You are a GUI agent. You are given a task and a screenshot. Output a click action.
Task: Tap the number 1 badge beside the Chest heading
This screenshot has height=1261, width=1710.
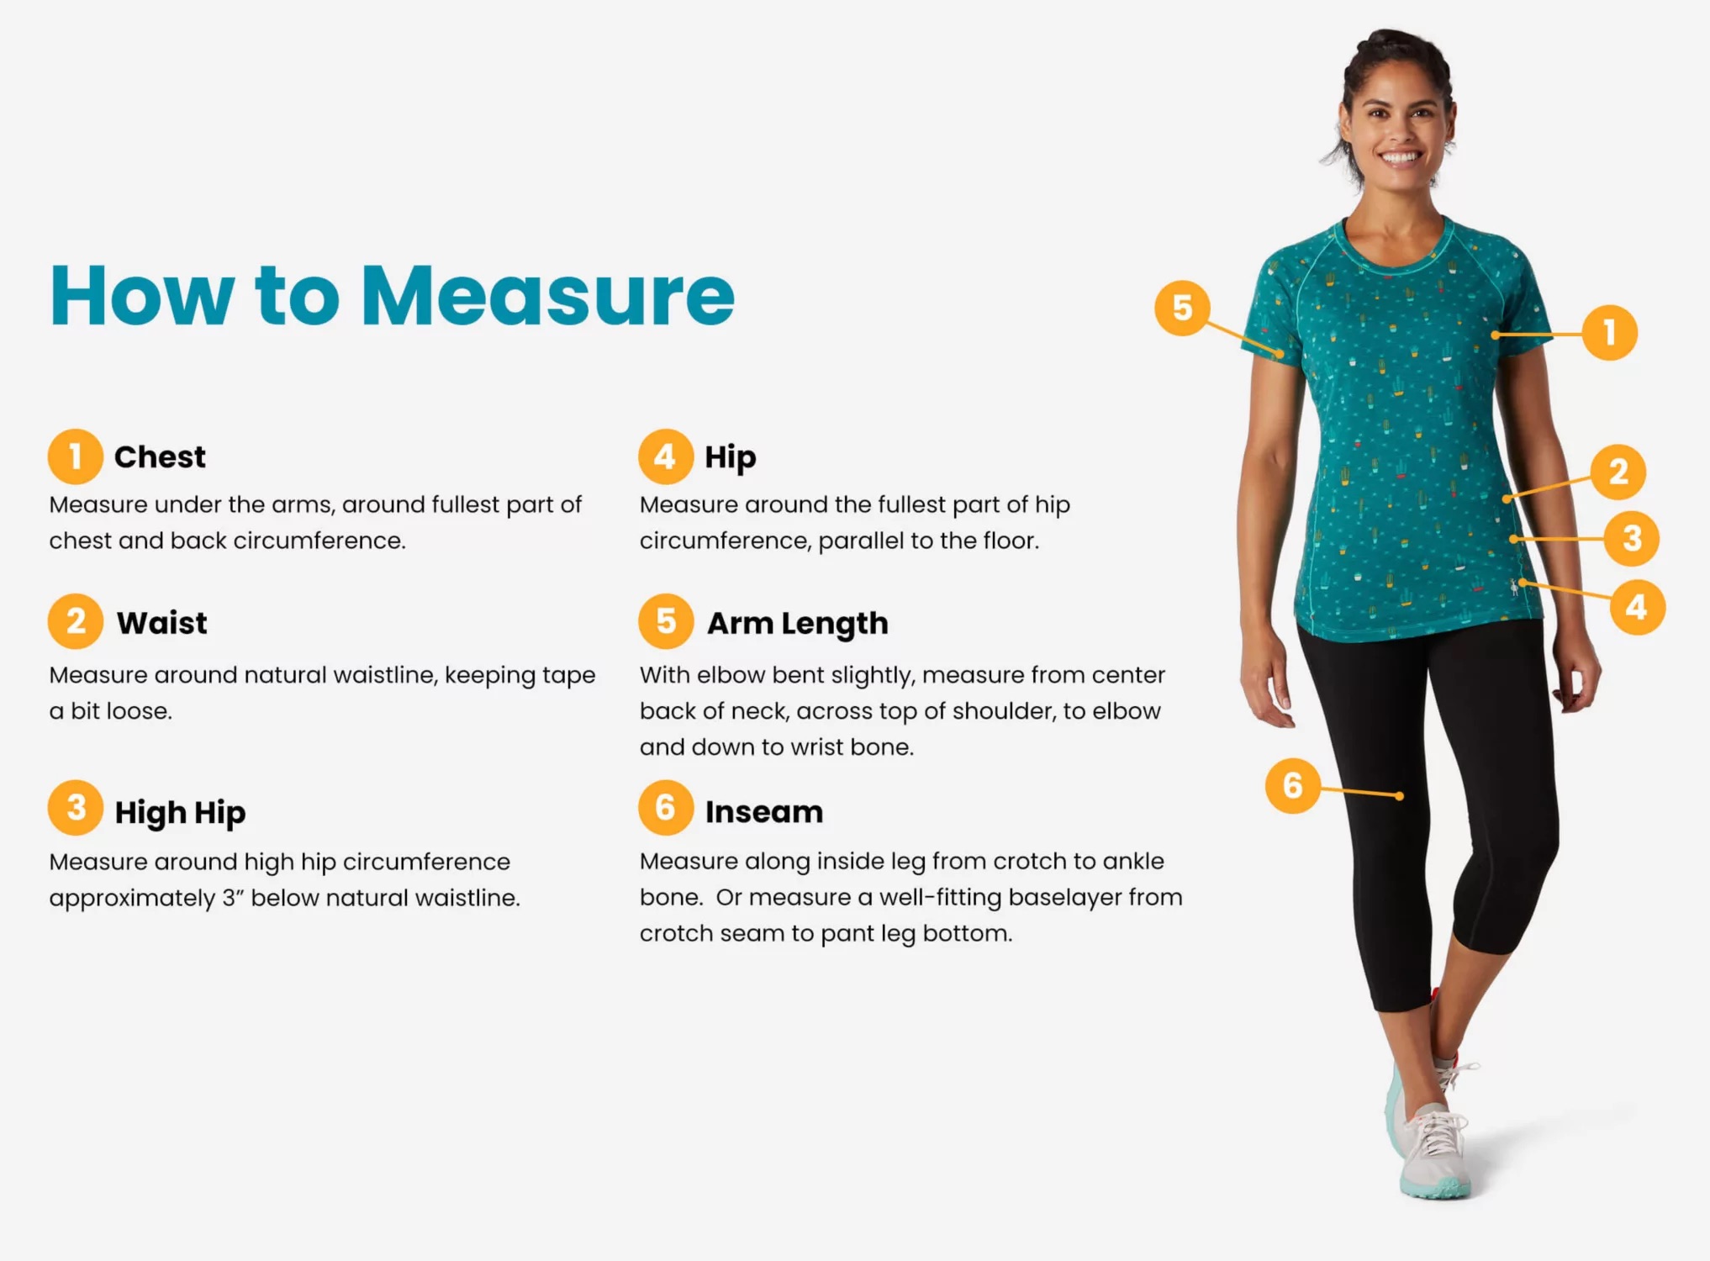pos(76,456)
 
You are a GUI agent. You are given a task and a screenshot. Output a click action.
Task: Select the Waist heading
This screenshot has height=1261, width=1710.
pos(162,623)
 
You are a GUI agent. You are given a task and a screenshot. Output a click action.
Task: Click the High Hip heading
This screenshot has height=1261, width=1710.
pos(181,813)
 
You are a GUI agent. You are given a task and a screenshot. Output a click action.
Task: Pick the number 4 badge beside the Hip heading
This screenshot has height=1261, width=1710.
pos(666,456)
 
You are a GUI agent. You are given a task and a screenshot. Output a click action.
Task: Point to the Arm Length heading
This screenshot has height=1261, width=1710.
pos(798,624)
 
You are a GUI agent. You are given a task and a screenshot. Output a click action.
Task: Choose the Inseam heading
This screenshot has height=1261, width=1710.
pos(764,812)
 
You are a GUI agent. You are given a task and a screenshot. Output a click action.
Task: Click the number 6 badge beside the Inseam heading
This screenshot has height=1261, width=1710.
pos(666,808)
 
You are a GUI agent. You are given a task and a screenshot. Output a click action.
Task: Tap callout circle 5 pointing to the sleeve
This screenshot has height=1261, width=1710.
pos(1182,308)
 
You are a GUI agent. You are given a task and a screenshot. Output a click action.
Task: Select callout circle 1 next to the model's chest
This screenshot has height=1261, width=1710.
pos(1610,333)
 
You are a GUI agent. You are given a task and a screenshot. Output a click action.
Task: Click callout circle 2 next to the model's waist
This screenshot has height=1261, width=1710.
pos(1618,472)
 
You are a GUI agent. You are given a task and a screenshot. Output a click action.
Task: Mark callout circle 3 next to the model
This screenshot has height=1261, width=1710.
pos(1632,538)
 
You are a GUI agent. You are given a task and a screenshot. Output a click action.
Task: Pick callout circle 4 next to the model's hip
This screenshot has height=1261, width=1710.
pos(1637,607)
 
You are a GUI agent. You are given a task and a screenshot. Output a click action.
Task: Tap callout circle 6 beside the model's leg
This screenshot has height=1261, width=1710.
pos(1293,785)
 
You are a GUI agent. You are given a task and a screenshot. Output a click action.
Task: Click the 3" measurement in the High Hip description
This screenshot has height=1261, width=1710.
pos(233,898)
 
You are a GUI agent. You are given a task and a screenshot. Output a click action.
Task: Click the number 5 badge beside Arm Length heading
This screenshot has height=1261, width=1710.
pos(666,622)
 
